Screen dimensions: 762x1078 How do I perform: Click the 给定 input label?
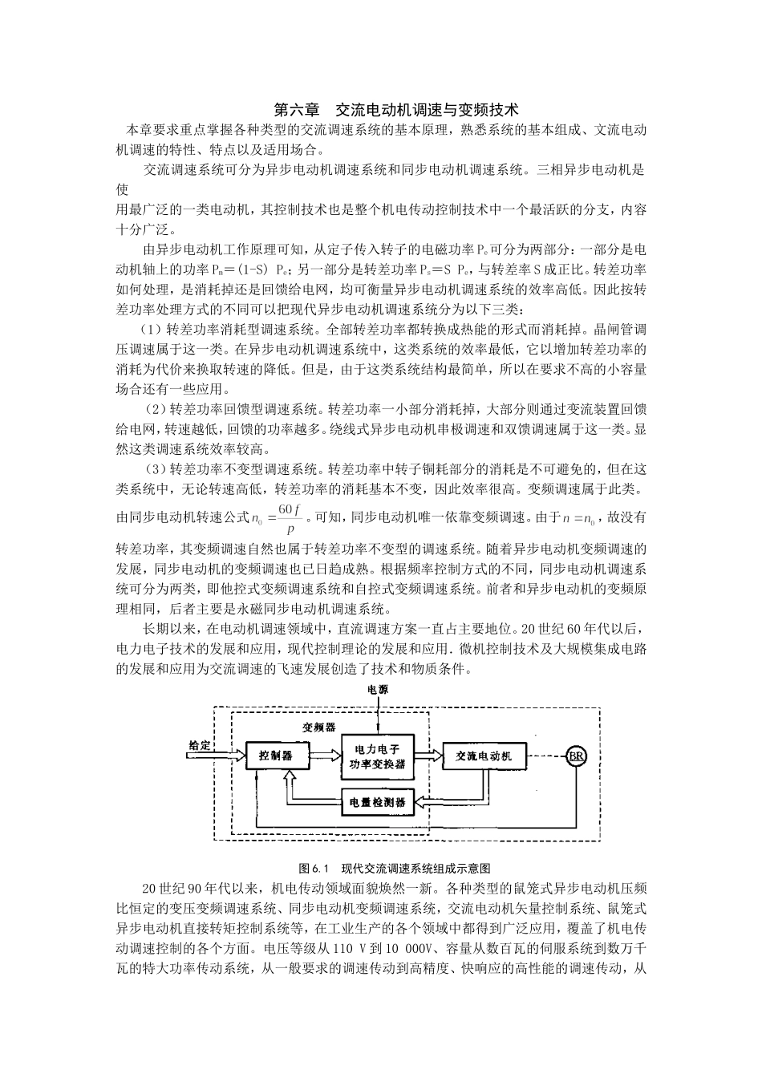[x=199, y=745]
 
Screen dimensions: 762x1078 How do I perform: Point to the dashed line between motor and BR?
[x=547, y=756]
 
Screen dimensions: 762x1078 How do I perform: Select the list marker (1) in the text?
[x=152, y=330]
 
